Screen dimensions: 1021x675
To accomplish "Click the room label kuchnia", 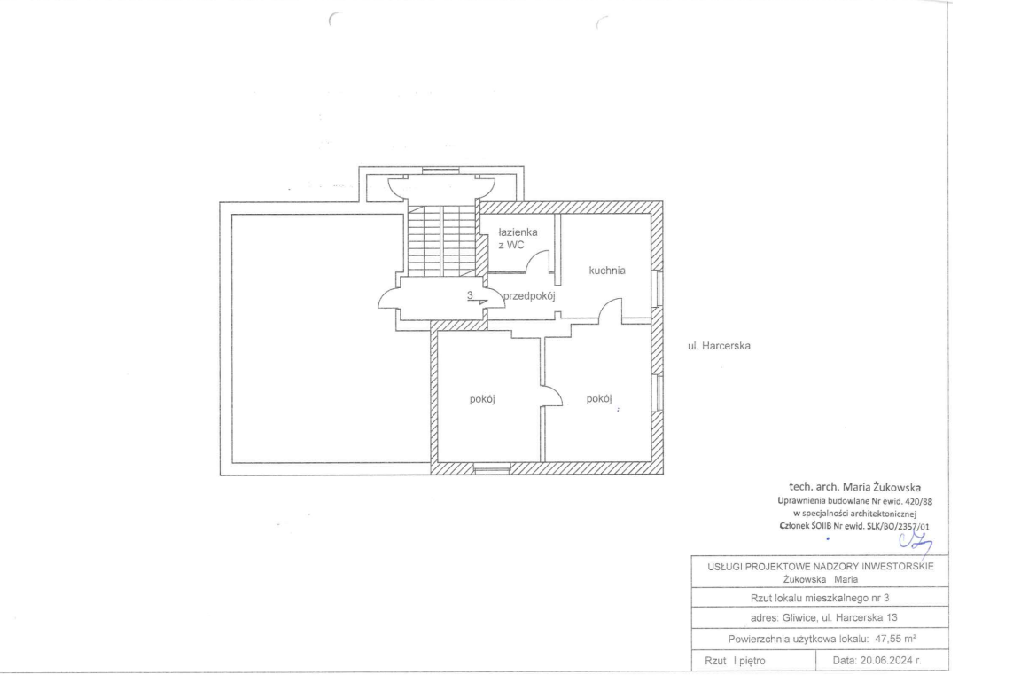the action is click(x=607, y=271).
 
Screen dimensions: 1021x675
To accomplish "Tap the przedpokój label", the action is click(x=529, y=295).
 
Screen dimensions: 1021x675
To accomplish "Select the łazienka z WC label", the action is click(x=518, y=239).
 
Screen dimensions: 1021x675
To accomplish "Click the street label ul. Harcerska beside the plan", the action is click(x=719, y=346).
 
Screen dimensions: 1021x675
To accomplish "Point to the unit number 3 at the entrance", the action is click(x=470, y=295).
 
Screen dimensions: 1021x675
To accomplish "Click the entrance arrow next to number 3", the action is click(x=480, y=302).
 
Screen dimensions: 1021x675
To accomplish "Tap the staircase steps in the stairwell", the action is click(x=442, y=240).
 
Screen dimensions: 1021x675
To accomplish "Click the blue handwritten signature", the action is click(x=916, y=542).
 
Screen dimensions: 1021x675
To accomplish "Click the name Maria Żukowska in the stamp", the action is click(x=882, y=487).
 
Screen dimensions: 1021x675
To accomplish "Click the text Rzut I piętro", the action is click(x=735, y=661).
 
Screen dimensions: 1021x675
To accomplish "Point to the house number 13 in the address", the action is click(x=892, y=617).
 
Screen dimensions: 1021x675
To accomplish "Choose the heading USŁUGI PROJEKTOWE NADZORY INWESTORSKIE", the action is click(x=821, y=566).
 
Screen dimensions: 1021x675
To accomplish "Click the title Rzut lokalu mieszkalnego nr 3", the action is click(x=820, y=598).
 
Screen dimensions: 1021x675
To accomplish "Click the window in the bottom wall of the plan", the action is click(x=492, y=468).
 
